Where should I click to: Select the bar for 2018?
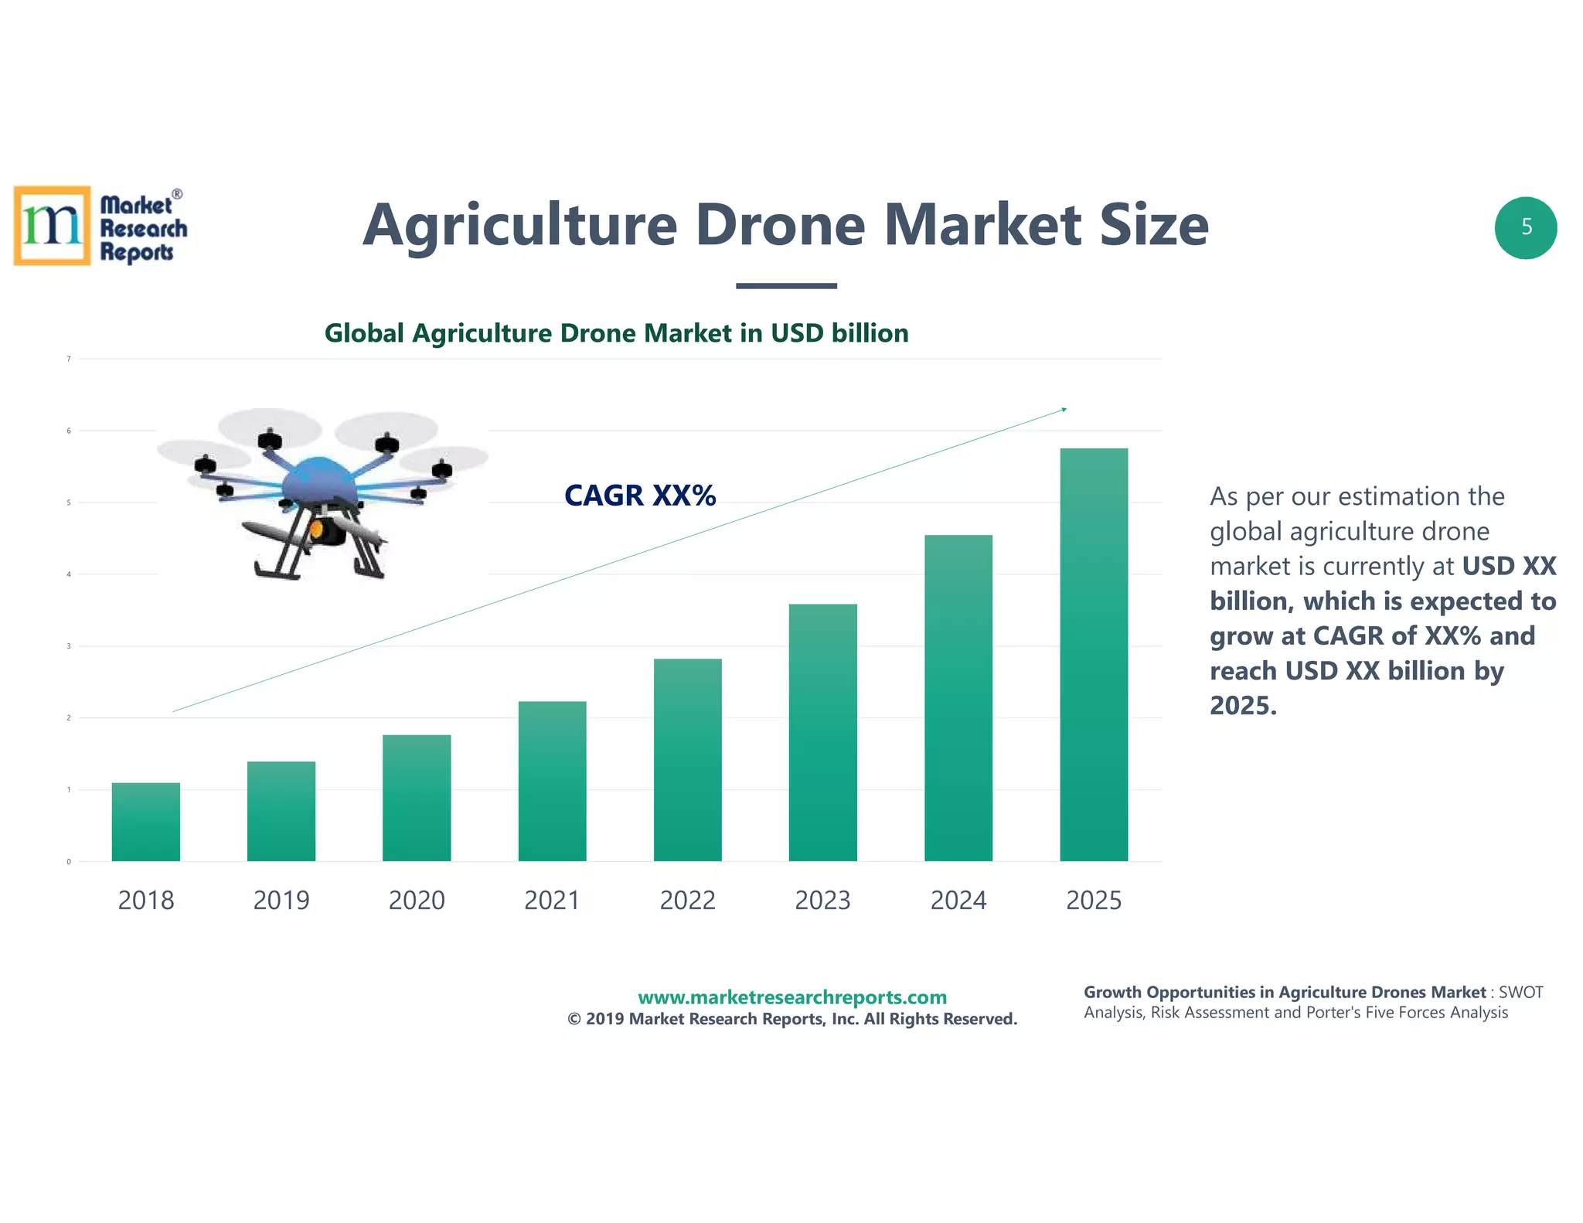pos(145,823)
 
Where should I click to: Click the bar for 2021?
pos(552,782)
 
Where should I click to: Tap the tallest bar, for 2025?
pos(1093,655)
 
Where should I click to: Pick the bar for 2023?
pos(822,733)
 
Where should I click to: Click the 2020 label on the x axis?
pos(417,901)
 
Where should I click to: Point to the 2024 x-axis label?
pos(958,901)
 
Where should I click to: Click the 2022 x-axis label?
pos(687,901)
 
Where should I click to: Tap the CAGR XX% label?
pos(640,496)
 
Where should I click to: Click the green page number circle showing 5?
pos(1526,227)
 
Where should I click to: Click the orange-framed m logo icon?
pos(52,226)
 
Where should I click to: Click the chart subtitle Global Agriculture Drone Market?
pos(616,333)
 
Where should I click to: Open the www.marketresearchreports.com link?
pos(791,997)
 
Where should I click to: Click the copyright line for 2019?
pos(791,1019)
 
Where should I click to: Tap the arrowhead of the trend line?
pos(1064,409)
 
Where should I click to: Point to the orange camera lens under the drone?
pos(316,530)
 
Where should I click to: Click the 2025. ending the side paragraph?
pos(1243,706)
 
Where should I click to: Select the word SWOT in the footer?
pos(1520,993)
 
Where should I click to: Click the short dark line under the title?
pos(786,286)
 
